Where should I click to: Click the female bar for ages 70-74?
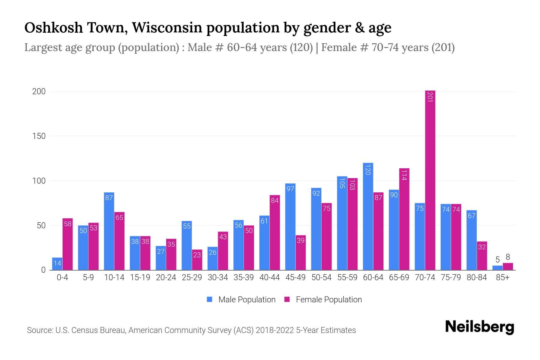430,180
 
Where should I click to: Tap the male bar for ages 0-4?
57,264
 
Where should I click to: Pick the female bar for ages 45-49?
301,253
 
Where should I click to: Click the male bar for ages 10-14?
109,231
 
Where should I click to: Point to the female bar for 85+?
508,267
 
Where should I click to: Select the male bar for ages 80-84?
472,240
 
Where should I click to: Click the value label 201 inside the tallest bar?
430,97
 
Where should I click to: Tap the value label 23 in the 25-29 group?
197,255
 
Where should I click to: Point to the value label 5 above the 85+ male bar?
497,260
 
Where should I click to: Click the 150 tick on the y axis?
39,136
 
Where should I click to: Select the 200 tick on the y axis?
39,91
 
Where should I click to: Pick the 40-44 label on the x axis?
269,277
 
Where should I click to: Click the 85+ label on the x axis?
502,277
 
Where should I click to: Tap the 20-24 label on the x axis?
166,277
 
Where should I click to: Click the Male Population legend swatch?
209,299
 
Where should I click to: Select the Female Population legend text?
329,300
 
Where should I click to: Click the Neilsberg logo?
480,327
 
